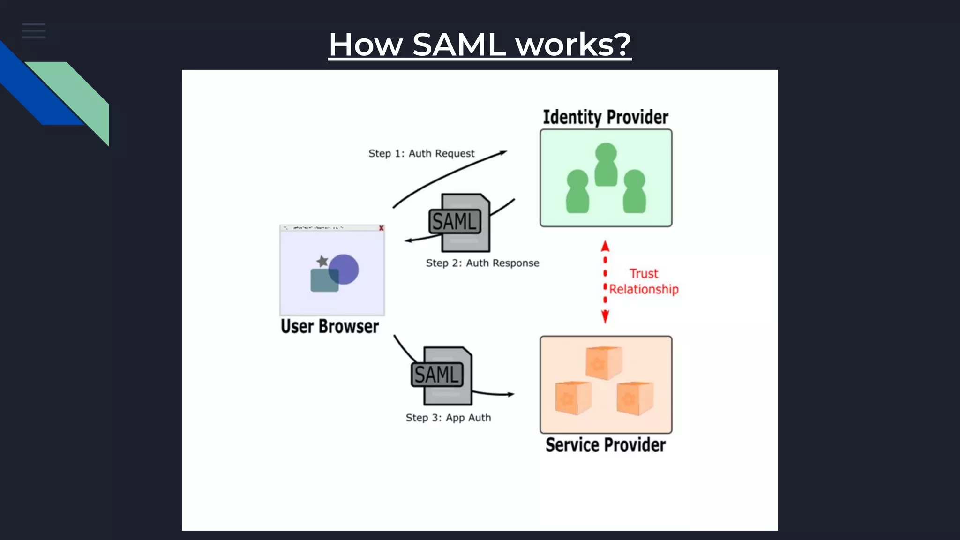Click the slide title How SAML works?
pyautogui.click(x=480, y=45)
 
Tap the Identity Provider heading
pyautogui.click(x=605, y=117)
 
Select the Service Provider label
pyautogui.click(x=605, y=445)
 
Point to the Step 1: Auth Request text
pyautogui.click(x=421, y=154)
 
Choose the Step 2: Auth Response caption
pyautogui.click(x=482, y=263)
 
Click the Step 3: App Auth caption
pyautogui.click(x=448, y=418)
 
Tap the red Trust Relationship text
pyautogui.click(x=644, y=281)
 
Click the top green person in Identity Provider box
pyautogui.click(x=606, y=164)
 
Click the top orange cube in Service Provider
pyautogui.click(x=604, y=363)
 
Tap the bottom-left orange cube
pyautogui.click(x=573, y=397)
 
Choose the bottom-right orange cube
pyautogui.click(x=635, y=398)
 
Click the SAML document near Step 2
pyautogui.click(x=460, y=223)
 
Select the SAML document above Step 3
pyautogui.click(x=442, y=375)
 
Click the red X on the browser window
pyautogui.click(x=381, y=228)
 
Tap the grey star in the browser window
pyautogui.click(x=322, y=261)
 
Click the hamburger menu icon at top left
pyautogui.click(x=34, y=31)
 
